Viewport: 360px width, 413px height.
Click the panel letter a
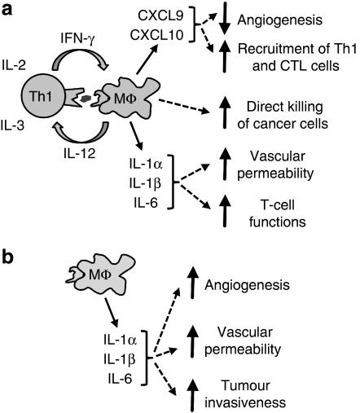pyautogui.click(x=10, y=10)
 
